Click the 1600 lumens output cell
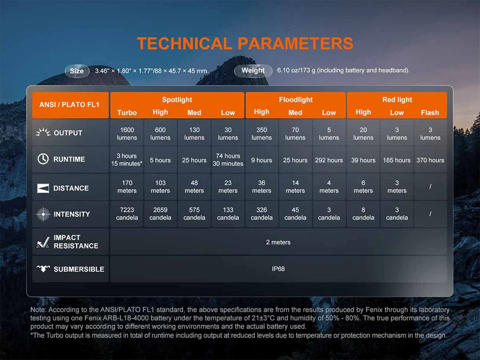(127, 133)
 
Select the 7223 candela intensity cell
(127, 214)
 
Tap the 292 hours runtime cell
(329, 160)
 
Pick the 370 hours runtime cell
(430, 160)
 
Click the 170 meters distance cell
(127, 187)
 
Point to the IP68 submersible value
(278, 269)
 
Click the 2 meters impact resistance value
(278, 242)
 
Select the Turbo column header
(127, 113)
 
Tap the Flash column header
(430, 113)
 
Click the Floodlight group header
(295, 100)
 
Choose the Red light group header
(397, 100)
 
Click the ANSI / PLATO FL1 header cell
(70, 105)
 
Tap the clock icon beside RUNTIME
(43, 159)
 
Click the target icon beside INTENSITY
(43, 214)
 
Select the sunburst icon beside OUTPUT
(43, 132)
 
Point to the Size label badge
(77, 71)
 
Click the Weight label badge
(253, 71)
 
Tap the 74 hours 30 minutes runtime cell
(228, 160)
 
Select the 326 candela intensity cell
(261, 214)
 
